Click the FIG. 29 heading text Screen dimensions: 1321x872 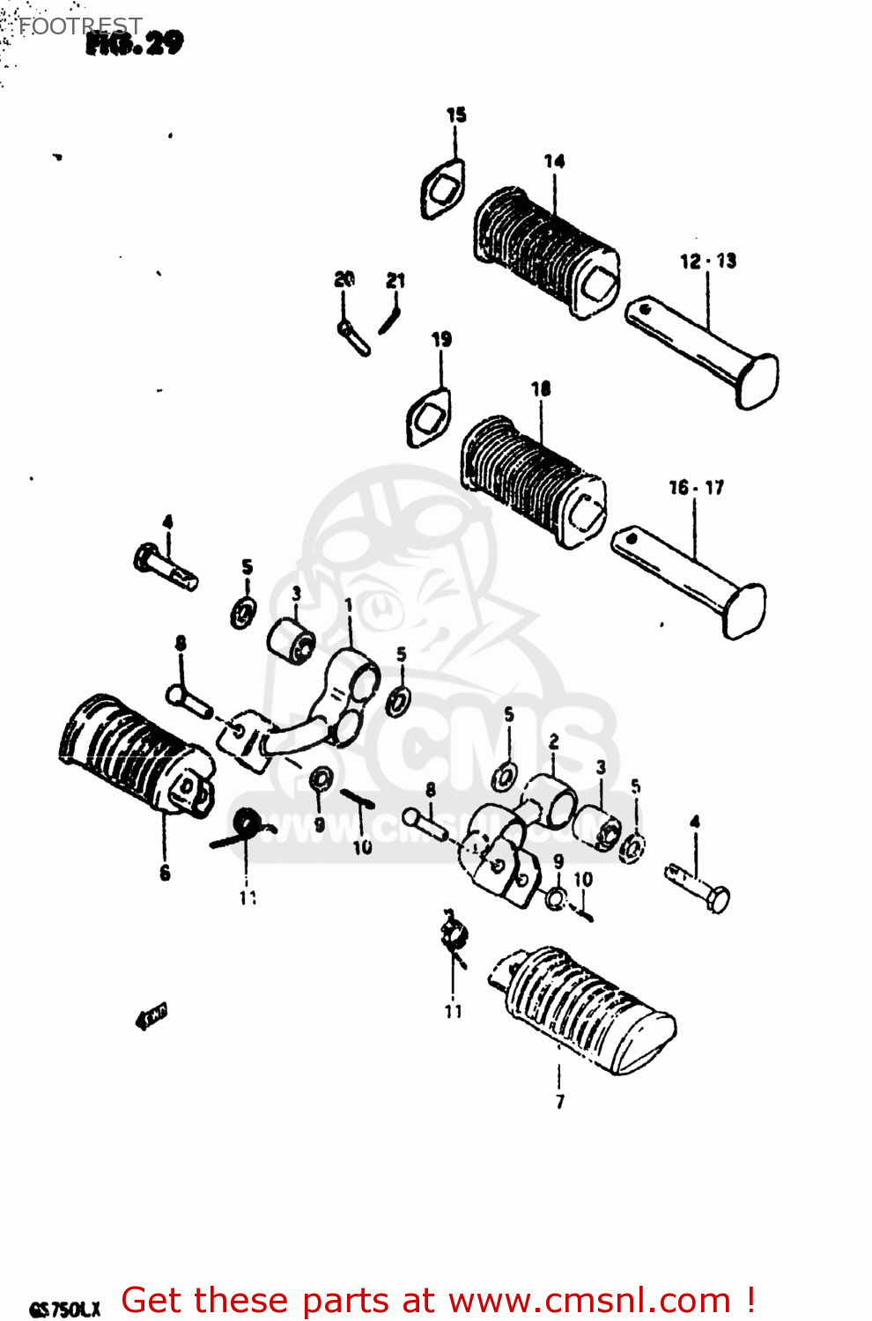135,43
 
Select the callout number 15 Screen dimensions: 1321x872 455,114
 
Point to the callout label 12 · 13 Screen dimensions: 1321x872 707,261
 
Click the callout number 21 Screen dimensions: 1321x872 395,280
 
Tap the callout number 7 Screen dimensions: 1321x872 559,1101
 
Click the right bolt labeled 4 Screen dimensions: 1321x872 698,886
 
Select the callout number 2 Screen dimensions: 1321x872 553,742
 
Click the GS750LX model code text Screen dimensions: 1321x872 65,1309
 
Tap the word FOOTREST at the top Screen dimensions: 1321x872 80,26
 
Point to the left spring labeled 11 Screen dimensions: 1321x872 241,828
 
